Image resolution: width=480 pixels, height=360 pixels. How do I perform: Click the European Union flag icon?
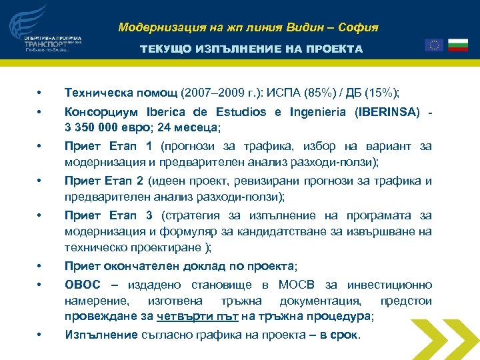click(433, 45)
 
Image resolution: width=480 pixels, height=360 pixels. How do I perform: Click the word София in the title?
click(357, 28)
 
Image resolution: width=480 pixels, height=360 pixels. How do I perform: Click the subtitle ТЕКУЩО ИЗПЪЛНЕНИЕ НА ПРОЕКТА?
click(251, 49)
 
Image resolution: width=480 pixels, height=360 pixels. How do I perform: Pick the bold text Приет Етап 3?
click(109, 215)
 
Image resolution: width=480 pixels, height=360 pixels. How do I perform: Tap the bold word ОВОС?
click(83, 284)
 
